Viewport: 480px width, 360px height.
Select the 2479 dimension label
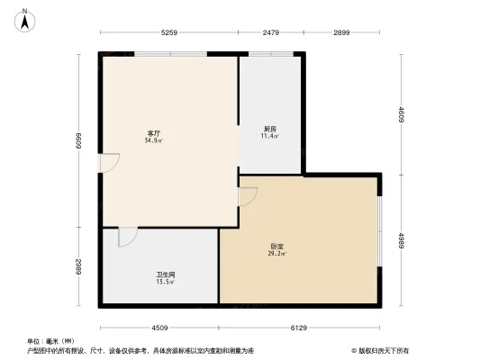point(271,33)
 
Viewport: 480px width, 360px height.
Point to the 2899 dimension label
point(340,33)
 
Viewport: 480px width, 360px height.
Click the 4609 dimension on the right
point(402,114)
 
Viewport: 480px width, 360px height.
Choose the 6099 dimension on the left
point(79,141)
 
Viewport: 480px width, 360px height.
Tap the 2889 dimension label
point(79,266)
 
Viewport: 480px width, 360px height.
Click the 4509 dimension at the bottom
point(159,327)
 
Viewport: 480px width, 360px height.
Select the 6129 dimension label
point(299,327)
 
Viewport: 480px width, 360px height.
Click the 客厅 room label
point(154,134)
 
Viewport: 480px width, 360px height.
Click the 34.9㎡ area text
point(154,141)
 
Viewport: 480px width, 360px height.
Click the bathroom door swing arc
point(127,237)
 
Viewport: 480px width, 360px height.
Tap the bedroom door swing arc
point(249,195)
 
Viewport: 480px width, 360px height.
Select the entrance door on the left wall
point(109,165)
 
